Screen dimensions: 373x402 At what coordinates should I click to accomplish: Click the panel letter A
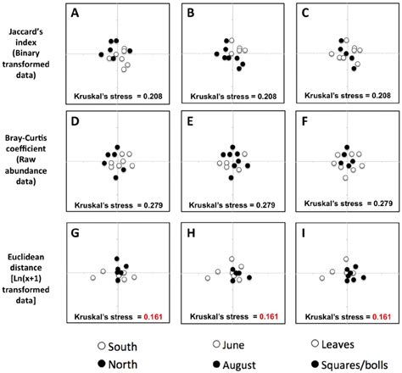tap(75, 14)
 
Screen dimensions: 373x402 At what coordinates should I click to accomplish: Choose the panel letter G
tap(75, 230)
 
